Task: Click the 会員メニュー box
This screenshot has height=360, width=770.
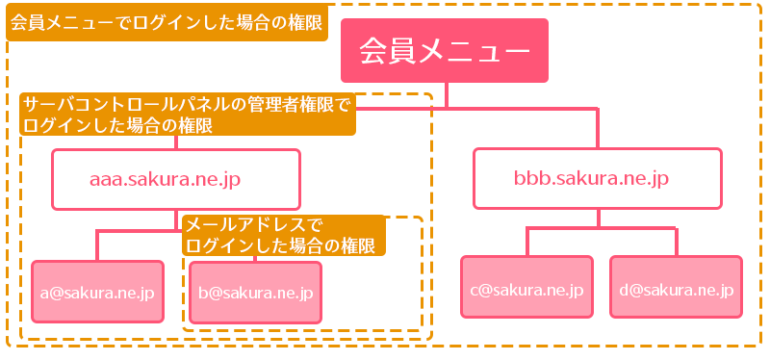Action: [444, 50]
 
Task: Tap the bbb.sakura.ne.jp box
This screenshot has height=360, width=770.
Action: [598, 179]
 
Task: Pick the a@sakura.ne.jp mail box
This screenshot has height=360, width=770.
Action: [97, 291]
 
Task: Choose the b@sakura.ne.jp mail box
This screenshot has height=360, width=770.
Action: [255, 291]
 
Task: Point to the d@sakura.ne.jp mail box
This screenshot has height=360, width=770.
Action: [677, 287]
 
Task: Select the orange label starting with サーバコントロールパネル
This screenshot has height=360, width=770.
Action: [187, 114]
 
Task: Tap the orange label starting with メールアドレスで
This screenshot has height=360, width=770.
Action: [283, 235]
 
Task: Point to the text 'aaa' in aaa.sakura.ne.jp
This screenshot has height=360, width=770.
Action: [106, 179]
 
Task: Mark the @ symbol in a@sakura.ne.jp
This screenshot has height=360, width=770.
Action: [55, 291]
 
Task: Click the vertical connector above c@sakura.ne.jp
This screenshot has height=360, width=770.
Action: [526, 241]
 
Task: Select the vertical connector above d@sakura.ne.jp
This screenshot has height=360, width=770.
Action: [676, 241]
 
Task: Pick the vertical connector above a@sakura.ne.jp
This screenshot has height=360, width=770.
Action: [97, 244]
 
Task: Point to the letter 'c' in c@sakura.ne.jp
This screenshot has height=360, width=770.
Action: [474, 288]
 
